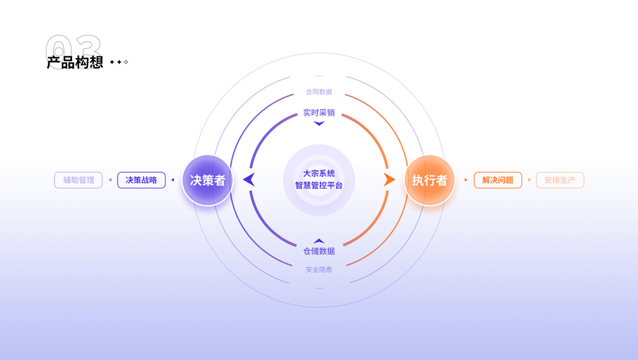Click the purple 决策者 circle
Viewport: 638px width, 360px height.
click(207, 180)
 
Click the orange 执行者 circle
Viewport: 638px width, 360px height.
click(429, 180)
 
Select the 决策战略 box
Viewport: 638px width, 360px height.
click(141, 180)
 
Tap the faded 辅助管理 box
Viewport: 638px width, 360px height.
click(79, 180)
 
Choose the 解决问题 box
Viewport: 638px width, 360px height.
click(498, 180)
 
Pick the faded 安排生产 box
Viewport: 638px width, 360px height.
click(559, 180)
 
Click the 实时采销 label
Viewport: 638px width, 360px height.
click(319, 113)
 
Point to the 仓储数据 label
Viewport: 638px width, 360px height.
click(319, 251)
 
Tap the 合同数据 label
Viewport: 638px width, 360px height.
click(319, 92)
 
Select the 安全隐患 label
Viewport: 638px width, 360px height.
click(319, 269)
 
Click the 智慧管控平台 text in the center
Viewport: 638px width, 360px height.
click(319, 186)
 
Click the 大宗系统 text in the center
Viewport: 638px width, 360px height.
click(319, 173)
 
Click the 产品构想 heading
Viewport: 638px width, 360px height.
click(75, 62)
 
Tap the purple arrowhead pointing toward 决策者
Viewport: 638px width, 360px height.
click(249, 179)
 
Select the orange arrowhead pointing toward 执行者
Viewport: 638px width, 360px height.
click(389, 179)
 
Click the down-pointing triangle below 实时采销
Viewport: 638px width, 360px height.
click(319, 124)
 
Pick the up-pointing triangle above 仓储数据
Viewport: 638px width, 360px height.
click(319, 241)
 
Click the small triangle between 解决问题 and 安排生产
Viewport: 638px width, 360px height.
click(529, 180)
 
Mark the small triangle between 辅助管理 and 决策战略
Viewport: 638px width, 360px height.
click(110, 180)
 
